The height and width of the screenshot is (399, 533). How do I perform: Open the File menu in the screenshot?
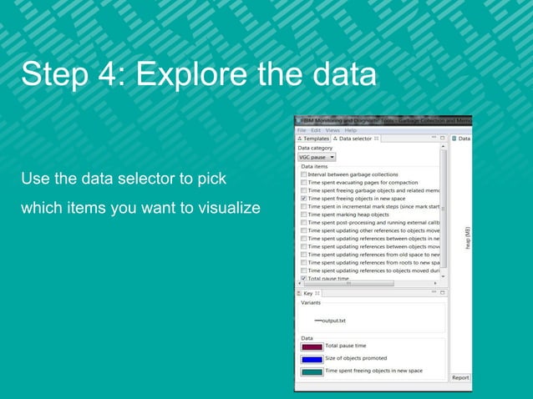(x=302, y=130)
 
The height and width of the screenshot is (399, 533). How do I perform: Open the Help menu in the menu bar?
(x=351, y=130)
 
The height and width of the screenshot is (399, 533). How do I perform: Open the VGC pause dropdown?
(x=317, y=156)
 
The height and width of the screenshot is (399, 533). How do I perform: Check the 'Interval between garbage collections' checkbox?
(x=303, y=174)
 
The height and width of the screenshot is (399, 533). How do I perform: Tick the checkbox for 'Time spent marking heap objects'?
(x=303, y=215)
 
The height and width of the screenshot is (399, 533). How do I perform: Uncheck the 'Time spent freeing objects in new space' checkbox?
(x=303, y=199)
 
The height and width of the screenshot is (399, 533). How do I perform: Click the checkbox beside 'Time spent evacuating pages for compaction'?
(x=303, y=183)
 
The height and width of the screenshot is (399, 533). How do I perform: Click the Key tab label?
(x=308, y=293)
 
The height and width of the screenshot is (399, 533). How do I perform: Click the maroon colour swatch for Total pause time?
(x=312, y=346)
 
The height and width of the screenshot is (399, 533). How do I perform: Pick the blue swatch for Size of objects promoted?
(x=312, y=359)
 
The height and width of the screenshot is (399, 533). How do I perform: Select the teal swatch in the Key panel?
(x=312, y=372)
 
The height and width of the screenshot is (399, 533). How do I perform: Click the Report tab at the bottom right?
(x=460, y=378)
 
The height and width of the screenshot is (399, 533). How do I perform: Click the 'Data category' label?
(x=316, y=148)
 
